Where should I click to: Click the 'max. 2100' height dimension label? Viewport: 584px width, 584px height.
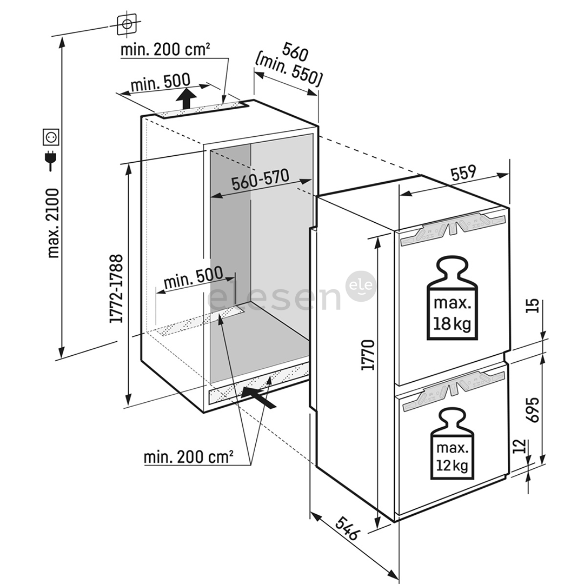point(53,222)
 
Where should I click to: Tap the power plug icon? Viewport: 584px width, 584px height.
point(52,161)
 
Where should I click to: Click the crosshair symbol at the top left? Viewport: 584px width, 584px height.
point(127,24)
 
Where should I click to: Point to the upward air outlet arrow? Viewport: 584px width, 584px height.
point(187,99)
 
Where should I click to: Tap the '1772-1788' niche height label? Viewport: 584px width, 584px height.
point(116,289)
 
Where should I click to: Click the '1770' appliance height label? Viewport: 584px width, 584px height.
point(368,354)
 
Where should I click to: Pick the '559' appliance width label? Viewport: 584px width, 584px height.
point(462,173)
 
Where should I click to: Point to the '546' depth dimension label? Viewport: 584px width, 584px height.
point(347,529)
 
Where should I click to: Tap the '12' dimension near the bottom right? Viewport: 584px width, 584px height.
point(519,447)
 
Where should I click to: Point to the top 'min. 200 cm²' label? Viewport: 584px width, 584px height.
point(165,50)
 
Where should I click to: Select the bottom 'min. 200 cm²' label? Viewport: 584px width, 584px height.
point(188,457)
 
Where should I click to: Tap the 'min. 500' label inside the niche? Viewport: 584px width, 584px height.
point(193,278)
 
